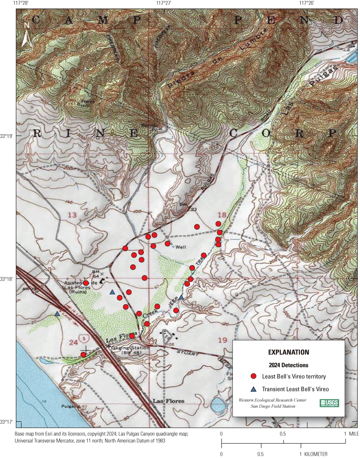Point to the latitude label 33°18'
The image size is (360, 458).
click(x=7, y=279)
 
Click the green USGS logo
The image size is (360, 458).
click(x=329, y=403)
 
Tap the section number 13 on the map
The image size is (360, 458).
click(x=72, y=215)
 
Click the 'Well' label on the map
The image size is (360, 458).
click(x=181, y=247)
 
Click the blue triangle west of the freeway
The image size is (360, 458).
click(x=57, y=313)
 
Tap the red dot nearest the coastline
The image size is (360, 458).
click(x=83, y=355)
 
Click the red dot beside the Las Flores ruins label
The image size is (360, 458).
click(x=86, y=283)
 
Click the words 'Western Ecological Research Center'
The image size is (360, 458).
click(x=272, y=400)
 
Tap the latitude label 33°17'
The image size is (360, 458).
click(x=7, y=422)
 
